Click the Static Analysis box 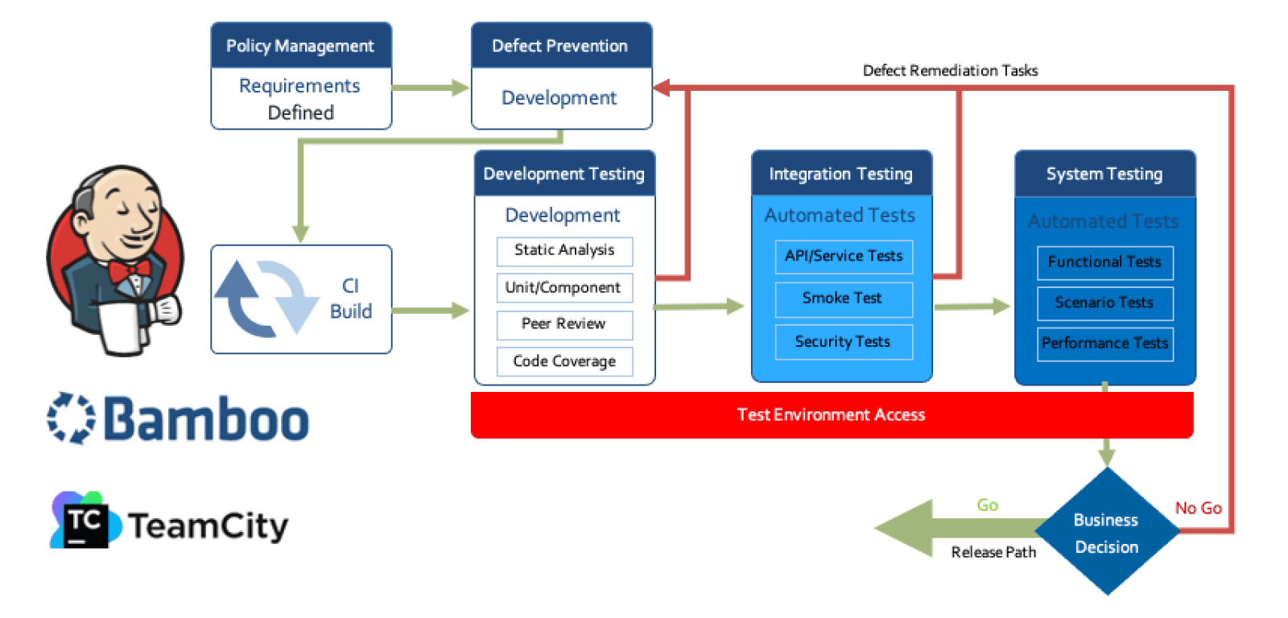coord(564,251)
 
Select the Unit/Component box coord(564,288)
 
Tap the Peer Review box coord(564,324)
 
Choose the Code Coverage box coord(564,361)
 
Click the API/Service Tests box coord(844,256)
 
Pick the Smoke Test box coord(844,299)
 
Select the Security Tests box coord(844,342)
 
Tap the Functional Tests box coord(1104,262)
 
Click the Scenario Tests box coord(1104,303)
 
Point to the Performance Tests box coord(1104,344)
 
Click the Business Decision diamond coord(1107,533)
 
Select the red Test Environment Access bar coord(832,415)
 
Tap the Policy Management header coord(300,46)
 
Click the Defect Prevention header coord(561,46)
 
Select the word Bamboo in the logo coord(206,420)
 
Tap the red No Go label coord(1198,509)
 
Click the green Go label coord(987,505)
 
